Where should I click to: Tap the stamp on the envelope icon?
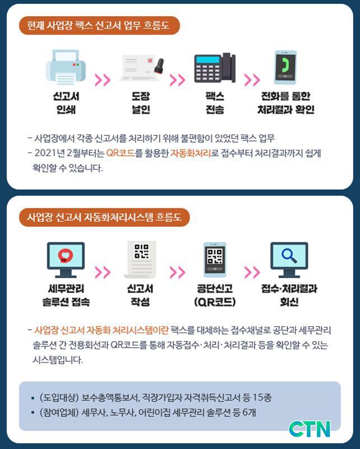point(159,65)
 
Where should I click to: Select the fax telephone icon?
point(215,68)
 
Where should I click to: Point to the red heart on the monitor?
point(66,255)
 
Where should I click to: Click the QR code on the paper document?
point(142,251)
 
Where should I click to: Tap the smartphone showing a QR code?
point(215,260)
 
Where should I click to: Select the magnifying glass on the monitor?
point(289,255)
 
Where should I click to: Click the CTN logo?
point(310,429)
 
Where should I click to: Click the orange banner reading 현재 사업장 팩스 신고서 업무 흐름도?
point(99,26)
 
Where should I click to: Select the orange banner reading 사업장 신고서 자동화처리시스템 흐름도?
point(104,217)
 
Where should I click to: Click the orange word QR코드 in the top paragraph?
point(120,153)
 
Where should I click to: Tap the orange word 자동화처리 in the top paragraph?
point(191,153)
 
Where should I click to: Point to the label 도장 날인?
point(141,103)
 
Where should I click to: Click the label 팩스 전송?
point(215,103)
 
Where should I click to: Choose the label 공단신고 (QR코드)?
point(215,295)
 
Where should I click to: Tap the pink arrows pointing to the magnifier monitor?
point(252,272)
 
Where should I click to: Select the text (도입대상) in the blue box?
point(59,397)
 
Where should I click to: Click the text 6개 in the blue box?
point(249,413)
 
